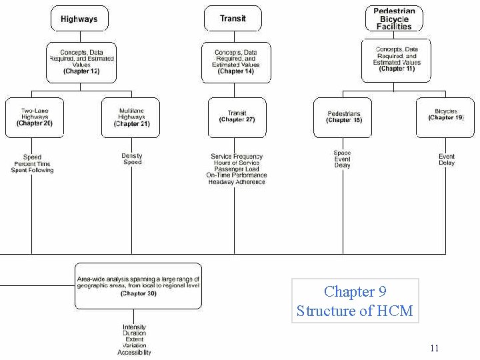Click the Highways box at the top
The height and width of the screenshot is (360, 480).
coord(79,19)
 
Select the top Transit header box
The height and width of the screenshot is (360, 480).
coord(233,19)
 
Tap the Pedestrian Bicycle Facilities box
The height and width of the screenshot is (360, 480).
coord(393,19)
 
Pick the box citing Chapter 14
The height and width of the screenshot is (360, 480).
coord(235,61)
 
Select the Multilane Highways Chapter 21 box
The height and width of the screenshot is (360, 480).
coord(131,117)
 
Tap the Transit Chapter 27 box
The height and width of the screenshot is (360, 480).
coord(237,117)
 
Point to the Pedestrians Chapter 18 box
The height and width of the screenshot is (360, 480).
coord(343,117)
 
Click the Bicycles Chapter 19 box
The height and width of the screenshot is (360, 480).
coord(445,117)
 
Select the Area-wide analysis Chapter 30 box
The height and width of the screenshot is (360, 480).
coord(138,285)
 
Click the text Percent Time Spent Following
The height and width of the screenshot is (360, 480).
coord(32,167)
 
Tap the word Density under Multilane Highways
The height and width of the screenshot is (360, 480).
coord(132,156)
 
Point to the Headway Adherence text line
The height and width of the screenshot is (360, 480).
coord(237,182)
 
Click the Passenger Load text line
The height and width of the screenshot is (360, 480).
coord(237,169)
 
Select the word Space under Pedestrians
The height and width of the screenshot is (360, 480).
coord(343,153)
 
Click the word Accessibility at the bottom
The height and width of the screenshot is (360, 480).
coord(135,353)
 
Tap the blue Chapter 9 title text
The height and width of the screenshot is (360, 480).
coord(355,292)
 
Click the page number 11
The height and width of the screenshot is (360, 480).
coord(435,348)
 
